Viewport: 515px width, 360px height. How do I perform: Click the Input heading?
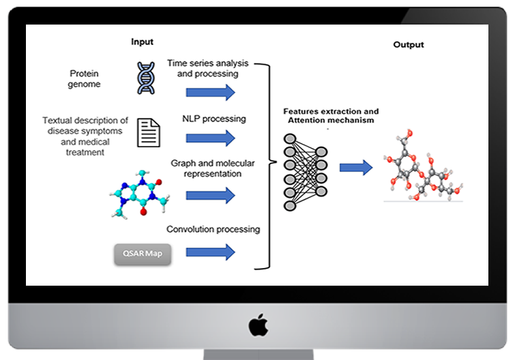142,42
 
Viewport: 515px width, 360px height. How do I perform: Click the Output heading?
408,45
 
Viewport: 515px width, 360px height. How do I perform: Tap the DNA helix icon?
146,78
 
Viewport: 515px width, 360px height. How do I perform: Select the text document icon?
150,132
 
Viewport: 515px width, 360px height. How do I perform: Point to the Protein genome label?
85,78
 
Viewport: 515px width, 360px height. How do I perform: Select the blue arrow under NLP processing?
210,138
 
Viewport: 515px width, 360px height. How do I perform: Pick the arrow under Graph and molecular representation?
210,196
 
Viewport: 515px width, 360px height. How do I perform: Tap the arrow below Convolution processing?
210,252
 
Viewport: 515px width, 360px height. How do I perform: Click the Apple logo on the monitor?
258,325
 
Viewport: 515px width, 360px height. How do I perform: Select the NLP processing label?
214,119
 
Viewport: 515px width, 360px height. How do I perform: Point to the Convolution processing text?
214,230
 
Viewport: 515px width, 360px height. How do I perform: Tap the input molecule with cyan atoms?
139,190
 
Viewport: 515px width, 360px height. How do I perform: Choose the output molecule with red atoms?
421,166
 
